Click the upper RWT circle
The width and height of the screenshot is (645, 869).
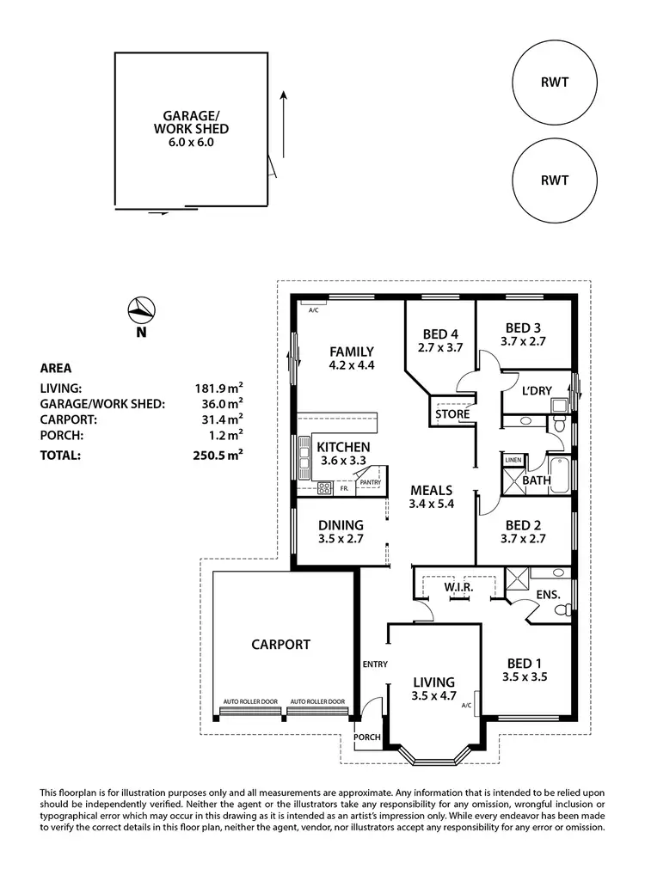coord(555,83)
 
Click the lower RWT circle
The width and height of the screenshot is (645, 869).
coord(555,181)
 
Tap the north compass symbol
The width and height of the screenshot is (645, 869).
coord(141,310)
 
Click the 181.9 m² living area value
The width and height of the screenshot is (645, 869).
coord(218,389)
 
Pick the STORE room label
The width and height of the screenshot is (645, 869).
coord(452,414)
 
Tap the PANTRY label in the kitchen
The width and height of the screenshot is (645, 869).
coord(371,483)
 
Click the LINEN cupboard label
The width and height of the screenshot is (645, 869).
coord(513,460)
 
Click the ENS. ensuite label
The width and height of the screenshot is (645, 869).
coord(548,594)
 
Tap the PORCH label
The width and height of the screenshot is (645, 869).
coord(367,737)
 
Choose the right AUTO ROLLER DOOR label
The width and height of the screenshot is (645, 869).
coord(316,701)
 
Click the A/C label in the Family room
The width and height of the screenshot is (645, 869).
coord(314,309)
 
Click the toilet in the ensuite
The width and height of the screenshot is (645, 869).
coord(562,610)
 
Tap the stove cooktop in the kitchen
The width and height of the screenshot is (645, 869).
coord(325,487)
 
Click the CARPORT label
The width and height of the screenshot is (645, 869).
coord(280,644)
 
